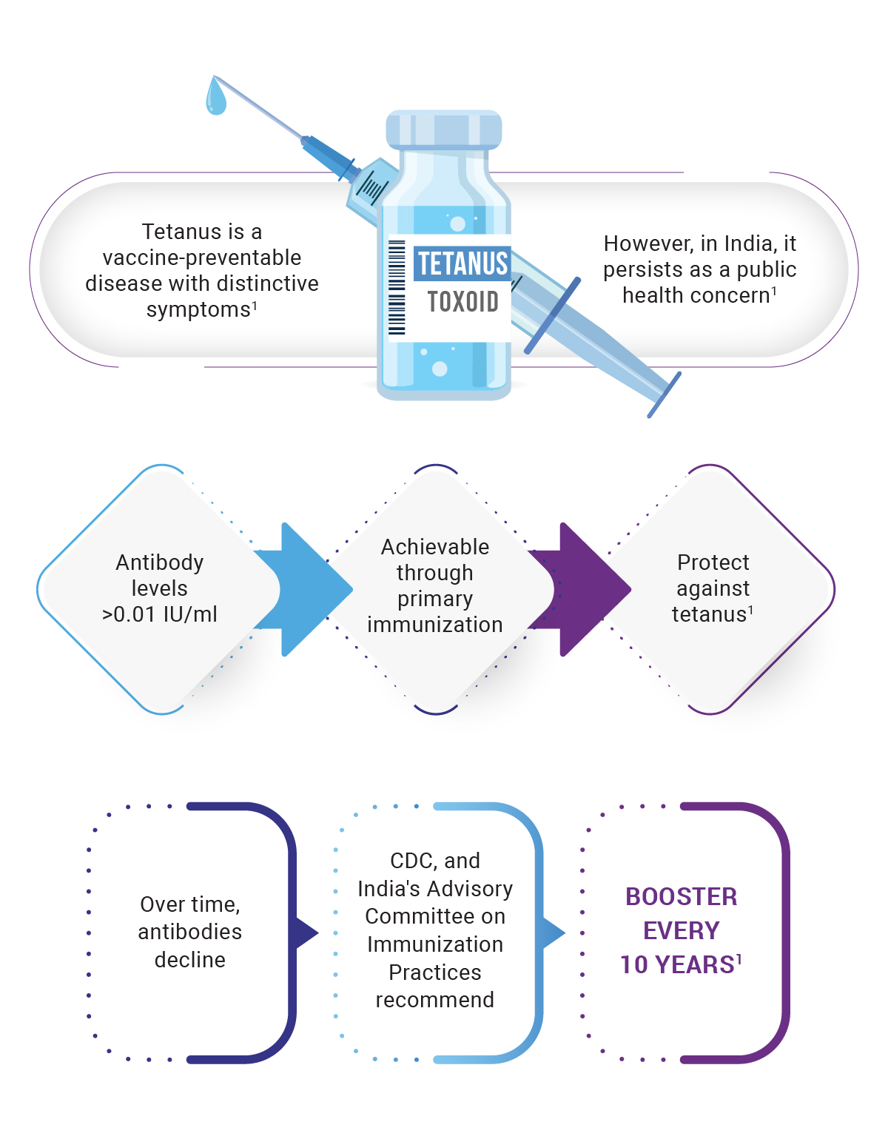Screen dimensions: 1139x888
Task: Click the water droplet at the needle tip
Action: [216, 98]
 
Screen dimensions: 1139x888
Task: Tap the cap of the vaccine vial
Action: [444, 130]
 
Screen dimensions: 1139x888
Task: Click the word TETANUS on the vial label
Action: [462, 263]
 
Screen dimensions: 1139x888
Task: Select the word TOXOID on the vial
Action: [462, 302]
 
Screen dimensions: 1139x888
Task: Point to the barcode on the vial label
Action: [397, 288]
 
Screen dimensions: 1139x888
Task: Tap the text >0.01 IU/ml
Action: [160, 614]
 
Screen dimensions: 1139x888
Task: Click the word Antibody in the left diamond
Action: [160, 562]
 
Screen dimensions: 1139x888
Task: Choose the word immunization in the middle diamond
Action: [435, 625]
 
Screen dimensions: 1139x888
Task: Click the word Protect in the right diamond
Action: [713, 562]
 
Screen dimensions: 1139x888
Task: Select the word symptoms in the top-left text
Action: [198, 309]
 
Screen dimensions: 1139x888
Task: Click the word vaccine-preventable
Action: [202, 258]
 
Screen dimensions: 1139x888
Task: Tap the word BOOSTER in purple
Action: [682, 897]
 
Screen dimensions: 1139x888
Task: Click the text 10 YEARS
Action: [677, 965]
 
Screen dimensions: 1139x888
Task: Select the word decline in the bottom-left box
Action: [190, 960]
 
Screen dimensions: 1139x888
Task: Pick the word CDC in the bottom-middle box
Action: [413, 861]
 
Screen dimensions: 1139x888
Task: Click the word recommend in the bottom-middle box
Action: [435, 1000]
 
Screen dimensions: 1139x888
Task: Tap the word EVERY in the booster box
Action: [682, 931]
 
